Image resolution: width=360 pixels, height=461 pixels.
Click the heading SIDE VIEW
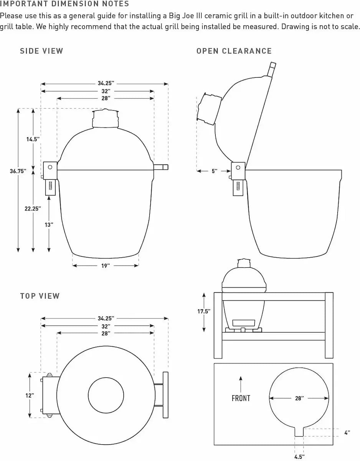pyautogui.click(x=41, y=51)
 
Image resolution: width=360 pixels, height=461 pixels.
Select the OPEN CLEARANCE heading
pyautogui.click(x=234, y=51)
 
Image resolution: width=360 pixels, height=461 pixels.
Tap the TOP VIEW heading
pyautogui.click(x=40, y=296)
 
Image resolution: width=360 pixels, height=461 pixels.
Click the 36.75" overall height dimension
pyautogui.click(x=18, y=171)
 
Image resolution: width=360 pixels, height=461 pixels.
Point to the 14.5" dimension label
pyautogui.click(x=33, y=139)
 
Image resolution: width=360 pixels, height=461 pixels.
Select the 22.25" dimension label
pyautogui.click(x=33, y=208)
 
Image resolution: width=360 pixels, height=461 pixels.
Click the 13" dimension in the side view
pyautogui.click(x=49, y=225)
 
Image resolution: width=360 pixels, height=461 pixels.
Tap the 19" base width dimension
pyautogui.click(x=106, y=265)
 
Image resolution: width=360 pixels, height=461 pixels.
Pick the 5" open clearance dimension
pyautogui.click(x=214, y=171)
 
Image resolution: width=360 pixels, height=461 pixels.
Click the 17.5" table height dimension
pyautogui.click(x=204, y=312)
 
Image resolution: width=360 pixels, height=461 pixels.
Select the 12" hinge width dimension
pyautogui.click(x=30, y=395)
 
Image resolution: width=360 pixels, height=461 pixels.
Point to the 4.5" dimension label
pyautogui.click(x=299, y=457)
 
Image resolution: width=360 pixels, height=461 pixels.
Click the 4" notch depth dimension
pyautogui.click(x=347, y=433)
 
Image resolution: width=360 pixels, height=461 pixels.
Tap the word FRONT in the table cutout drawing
pyautogui.click(x=241, y=398)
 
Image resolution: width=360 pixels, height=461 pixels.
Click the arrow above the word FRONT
pyautogui.click(x=241, y=384)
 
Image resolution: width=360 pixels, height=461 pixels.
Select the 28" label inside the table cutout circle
pyautogui.click(x=299, y=398)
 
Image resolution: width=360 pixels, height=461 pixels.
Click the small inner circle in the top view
pyautogui.click(x=106, y=396)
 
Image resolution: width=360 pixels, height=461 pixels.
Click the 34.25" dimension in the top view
pyautogui.click(x=106, y=318)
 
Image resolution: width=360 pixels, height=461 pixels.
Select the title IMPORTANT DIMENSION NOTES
pyautogui.click(x=64, y=4)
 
